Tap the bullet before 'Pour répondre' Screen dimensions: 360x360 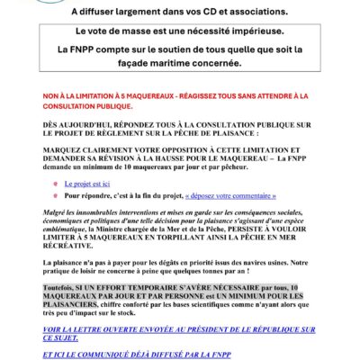click(x=55, y=193)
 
